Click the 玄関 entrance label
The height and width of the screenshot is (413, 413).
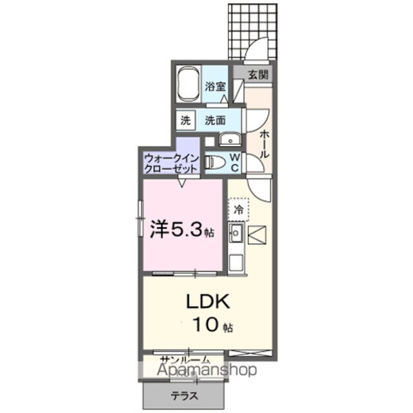pos(258,75)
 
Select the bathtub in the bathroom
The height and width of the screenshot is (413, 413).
pos(189,85)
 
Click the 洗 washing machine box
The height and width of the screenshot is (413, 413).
pos(186,119)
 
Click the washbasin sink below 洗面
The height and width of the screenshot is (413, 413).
pos(228,141)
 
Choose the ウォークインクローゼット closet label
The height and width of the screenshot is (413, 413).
pos(170,162)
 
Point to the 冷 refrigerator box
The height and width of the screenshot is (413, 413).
pos(238,208)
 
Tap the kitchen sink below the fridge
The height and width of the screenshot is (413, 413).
pos(236,232)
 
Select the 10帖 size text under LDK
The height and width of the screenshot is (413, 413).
pos(210,326)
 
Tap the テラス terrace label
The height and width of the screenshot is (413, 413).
pos(184,396)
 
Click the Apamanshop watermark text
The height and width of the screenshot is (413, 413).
pos(199,370)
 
